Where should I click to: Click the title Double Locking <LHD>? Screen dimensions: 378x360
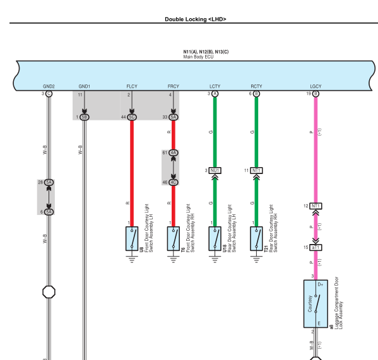coord(196,20)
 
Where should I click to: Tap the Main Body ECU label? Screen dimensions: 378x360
coord(198,57)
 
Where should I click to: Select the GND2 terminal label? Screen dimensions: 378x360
coord(49,86)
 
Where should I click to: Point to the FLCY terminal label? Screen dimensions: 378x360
coord(132,86)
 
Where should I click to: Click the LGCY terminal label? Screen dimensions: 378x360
coord(316,86)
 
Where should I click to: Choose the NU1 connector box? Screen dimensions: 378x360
coord(215,170)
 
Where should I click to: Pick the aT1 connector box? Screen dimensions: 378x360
coord(316,247)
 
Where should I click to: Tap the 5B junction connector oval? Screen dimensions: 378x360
coord(84,117)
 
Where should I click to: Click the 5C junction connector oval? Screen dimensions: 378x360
coord(132,117)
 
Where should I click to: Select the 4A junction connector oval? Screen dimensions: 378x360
coord(174,153)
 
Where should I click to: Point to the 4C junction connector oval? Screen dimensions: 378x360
coord(174,182)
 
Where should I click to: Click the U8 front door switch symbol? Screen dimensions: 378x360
coord(132,238)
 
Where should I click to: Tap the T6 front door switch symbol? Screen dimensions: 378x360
coord(174,238)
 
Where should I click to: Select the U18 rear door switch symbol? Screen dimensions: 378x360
coord(215,238)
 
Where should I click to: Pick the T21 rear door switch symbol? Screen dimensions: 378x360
coord(256,238)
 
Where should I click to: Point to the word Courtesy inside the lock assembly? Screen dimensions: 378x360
coord(310,304)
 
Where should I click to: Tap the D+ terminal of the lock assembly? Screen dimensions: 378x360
coord(321,284)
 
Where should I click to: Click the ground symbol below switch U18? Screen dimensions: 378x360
coord(215,259)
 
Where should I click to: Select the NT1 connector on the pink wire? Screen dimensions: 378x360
coord(316,206)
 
